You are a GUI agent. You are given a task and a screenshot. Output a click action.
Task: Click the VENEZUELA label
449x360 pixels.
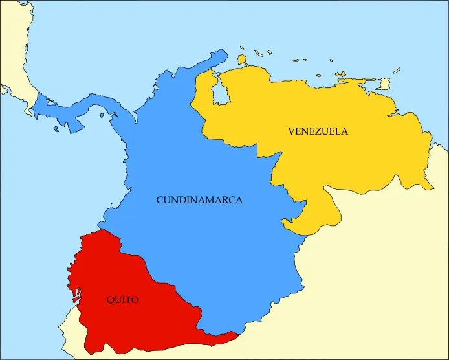(x=318, y=131)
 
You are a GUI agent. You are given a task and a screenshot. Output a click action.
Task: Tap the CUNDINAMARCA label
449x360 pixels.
(x=199, y=201)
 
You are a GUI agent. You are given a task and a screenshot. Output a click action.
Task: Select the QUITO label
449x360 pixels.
(x=122, y=300)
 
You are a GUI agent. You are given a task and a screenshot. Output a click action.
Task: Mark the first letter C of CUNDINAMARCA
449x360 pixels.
(x=160, y=201)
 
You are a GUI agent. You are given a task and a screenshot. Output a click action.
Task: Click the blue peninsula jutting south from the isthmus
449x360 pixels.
(x=74, y=124)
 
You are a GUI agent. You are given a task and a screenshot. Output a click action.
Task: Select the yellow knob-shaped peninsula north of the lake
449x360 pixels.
(x=243, y=60)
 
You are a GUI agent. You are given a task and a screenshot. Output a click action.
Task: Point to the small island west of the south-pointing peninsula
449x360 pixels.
(x=57, y=128)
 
